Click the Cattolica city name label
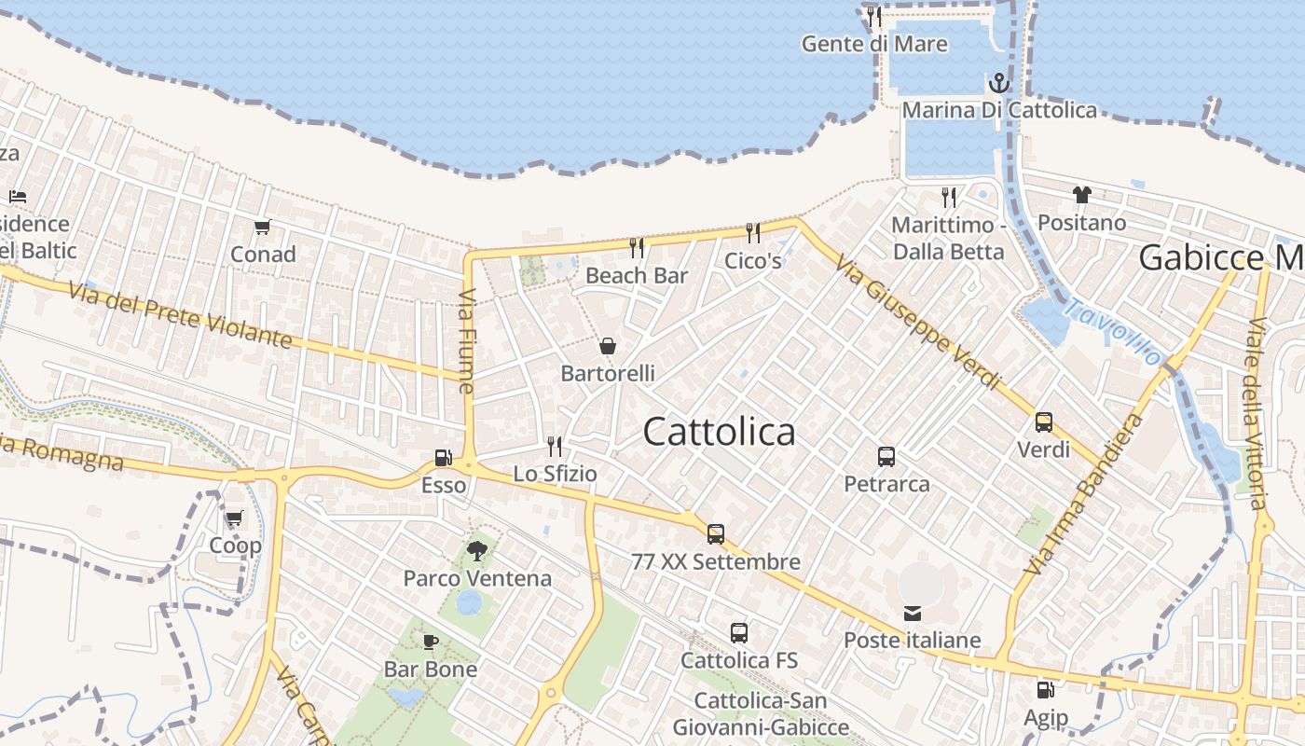pyautogui.click(x=719, y=431)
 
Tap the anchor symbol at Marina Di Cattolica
pyautogui.click(x=998, y=84)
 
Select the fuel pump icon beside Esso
pyautogui.click(x=444, y=458)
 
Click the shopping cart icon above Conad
pyautogui.click(x=263, y=227)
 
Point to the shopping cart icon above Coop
pyautogui.click(x=234, y=518)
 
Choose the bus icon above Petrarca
pyautogui.click(x=886, y=457)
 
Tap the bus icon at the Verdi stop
pyautogui.click(x=1044, y=422)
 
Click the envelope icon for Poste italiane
pyautogui.click(x=913, y=614)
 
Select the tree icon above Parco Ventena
pyautogui.click(x=477, y=550)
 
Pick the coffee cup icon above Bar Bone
pyautogui.click(x=430, y=642)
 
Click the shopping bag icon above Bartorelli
pyautogui.click(x=608, y=347)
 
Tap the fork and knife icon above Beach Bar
pyautogui.click(x=637, y=247)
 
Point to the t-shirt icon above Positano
pyautogui.click(x=1081, y=195)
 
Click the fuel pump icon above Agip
pyautogui.click(x=1046, y=690)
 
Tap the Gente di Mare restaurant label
pyautogui.click(x=874, y=44)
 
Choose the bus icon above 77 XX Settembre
pyautogui.click(x=716, y=534)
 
